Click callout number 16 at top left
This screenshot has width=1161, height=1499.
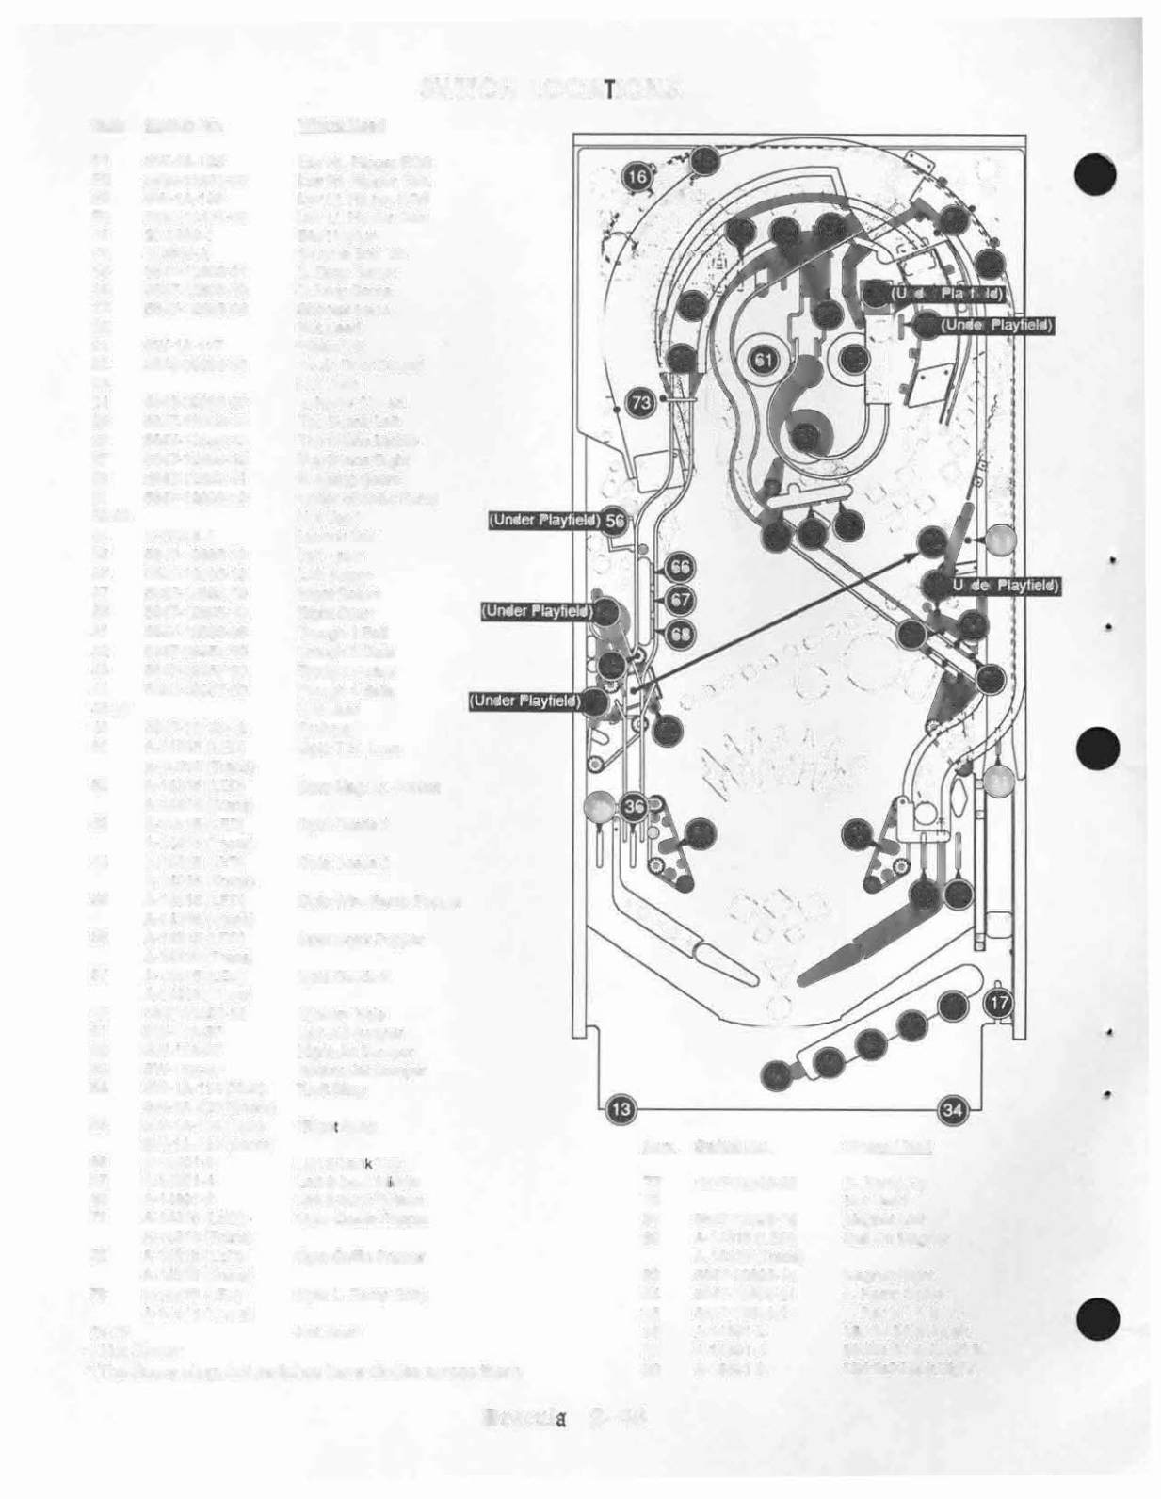click(637, 176)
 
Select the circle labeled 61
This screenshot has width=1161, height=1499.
click(764, 360)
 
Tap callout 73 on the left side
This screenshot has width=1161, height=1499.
click(641, 403)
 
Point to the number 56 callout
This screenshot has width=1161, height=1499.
click(615, 521)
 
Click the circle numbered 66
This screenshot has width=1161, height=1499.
click(680, 567)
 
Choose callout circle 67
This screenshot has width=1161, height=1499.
click(680, 600)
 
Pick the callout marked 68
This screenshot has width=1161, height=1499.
click(680, 634)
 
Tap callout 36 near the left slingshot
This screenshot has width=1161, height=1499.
click(634, 805)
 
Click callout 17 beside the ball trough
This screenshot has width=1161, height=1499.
click(999, 1004)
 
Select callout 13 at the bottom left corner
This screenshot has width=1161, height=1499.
click(619, 1110)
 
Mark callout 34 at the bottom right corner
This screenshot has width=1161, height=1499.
click(954, 1110)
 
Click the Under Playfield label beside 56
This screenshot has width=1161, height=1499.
click(543, 521)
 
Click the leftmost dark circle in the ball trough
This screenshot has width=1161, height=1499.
click(775, 1074)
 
